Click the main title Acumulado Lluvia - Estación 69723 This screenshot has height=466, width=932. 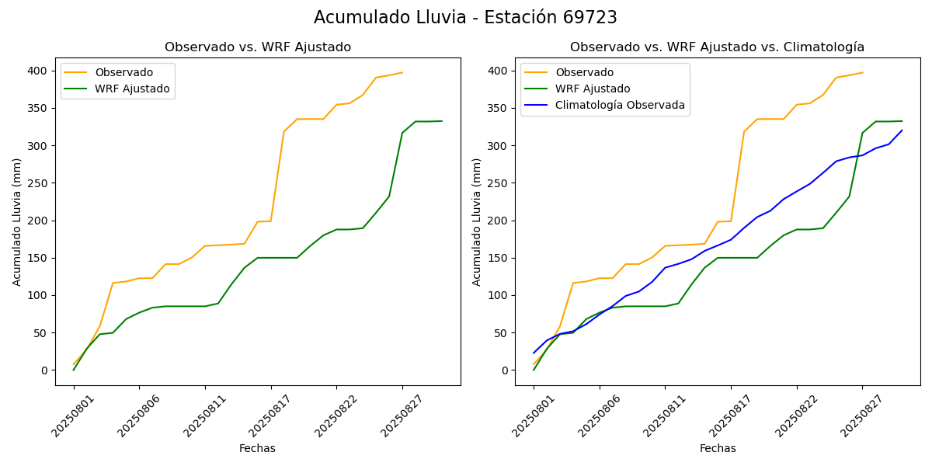[465, 18]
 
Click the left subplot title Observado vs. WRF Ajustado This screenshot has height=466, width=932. [258, 47]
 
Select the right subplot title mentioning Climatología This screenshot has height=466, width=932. [717, 47]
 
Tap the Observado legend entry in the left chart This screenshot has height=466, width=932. [123, 73]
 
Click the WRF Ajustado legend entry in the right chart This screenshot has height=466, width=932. [593, 89]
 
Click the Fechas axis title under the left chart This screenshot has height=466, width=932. [257, 448]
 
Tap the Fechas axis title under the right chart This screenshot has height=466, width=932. [718, 448]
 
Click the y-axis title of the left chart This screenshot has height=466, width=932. [17, 221]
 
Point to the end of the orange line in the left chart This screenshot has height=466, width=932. [402, 72]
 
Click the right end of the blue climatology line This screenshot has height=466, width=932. [902, 130]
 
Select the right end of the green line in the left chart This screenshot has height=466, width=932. [442, 121]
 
